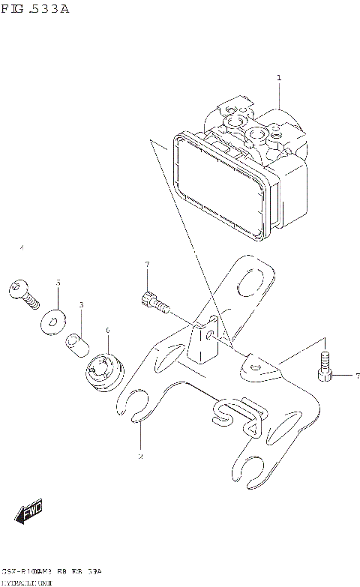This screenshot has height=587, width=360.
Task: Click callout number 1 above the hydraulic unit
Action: (x=278, y=78)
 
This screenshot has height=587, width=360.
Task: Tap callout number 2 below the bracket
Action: (x=139, y=456)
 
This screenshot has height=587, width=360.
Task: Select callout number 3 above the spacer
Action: (x=81, y=305)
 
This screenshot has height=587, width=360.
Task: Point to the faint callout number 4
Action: (x=22, y=247)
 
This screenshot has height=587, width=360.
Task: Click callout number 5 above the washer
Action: (x=58, y=283)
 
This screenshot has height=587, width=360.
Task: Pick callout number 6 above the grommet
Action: (x=107, y=330)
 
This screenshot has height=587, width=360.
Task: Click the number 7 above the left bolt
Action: (x=147, y=264)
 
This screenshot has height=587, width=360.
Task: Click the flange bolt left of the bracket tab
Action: (x=154, y=304)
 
